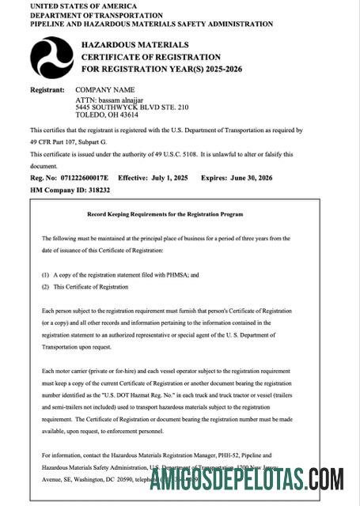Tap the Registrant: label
coord(46,90)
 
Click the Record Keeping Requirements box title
coord(165,214)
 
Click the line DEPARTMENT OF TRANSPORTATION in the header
coord(91,15)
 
